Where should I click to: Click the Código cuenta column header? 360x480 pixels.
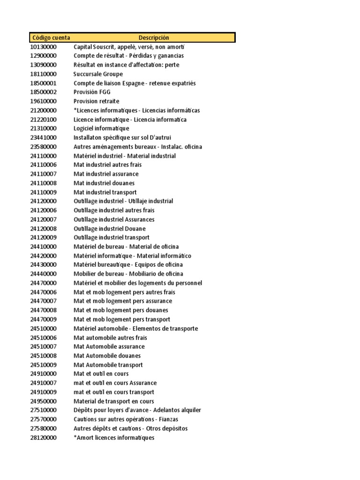[x=51, y=37]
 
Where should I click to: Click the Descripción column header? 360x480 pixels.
[x=154, y=37]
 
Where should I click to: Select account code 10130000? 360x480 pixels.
[x=43, y=47]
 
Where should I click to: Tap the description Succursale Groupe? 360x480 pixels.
[x=98, y=74]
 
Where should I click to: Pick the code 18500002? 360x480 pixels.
[x=43, y=92]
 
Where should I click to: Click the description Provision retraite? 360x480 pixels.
[x=96, y=101]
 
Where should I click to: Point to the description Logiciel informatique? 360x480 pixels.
[x=101, y=128]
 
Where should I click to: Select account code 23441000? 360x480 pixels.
[x=43, y=138]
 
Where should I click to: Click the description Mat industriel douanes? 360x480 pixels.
[x=104, y=183]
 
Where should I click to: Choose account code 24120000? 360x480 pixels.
[x=43, y=201]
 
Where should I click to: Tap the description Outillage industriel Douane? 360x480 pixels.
[x=110, y=229]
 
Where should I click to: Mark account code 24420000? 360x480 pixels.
[x=43, y=256]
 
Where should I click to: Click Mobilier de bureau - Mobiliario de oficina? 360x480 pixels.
[x=128, y=274]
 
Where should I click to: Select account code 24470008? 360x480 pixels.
[x=43, y=310]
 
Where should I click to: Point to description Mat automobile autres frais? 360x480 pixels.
[x=110, y=337]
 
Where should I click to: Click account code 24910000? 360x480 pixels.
[x=43, y=374]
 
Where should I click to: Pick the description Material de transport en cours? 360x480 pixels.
[x=113, y=401]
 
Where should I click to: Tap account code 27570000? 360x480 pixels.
[x=43, y=420]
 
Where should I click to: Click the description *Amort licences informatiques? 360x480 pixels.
[x=114, y=438]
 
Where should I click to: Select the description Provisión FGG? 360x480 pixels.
[x=92, y=92]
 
